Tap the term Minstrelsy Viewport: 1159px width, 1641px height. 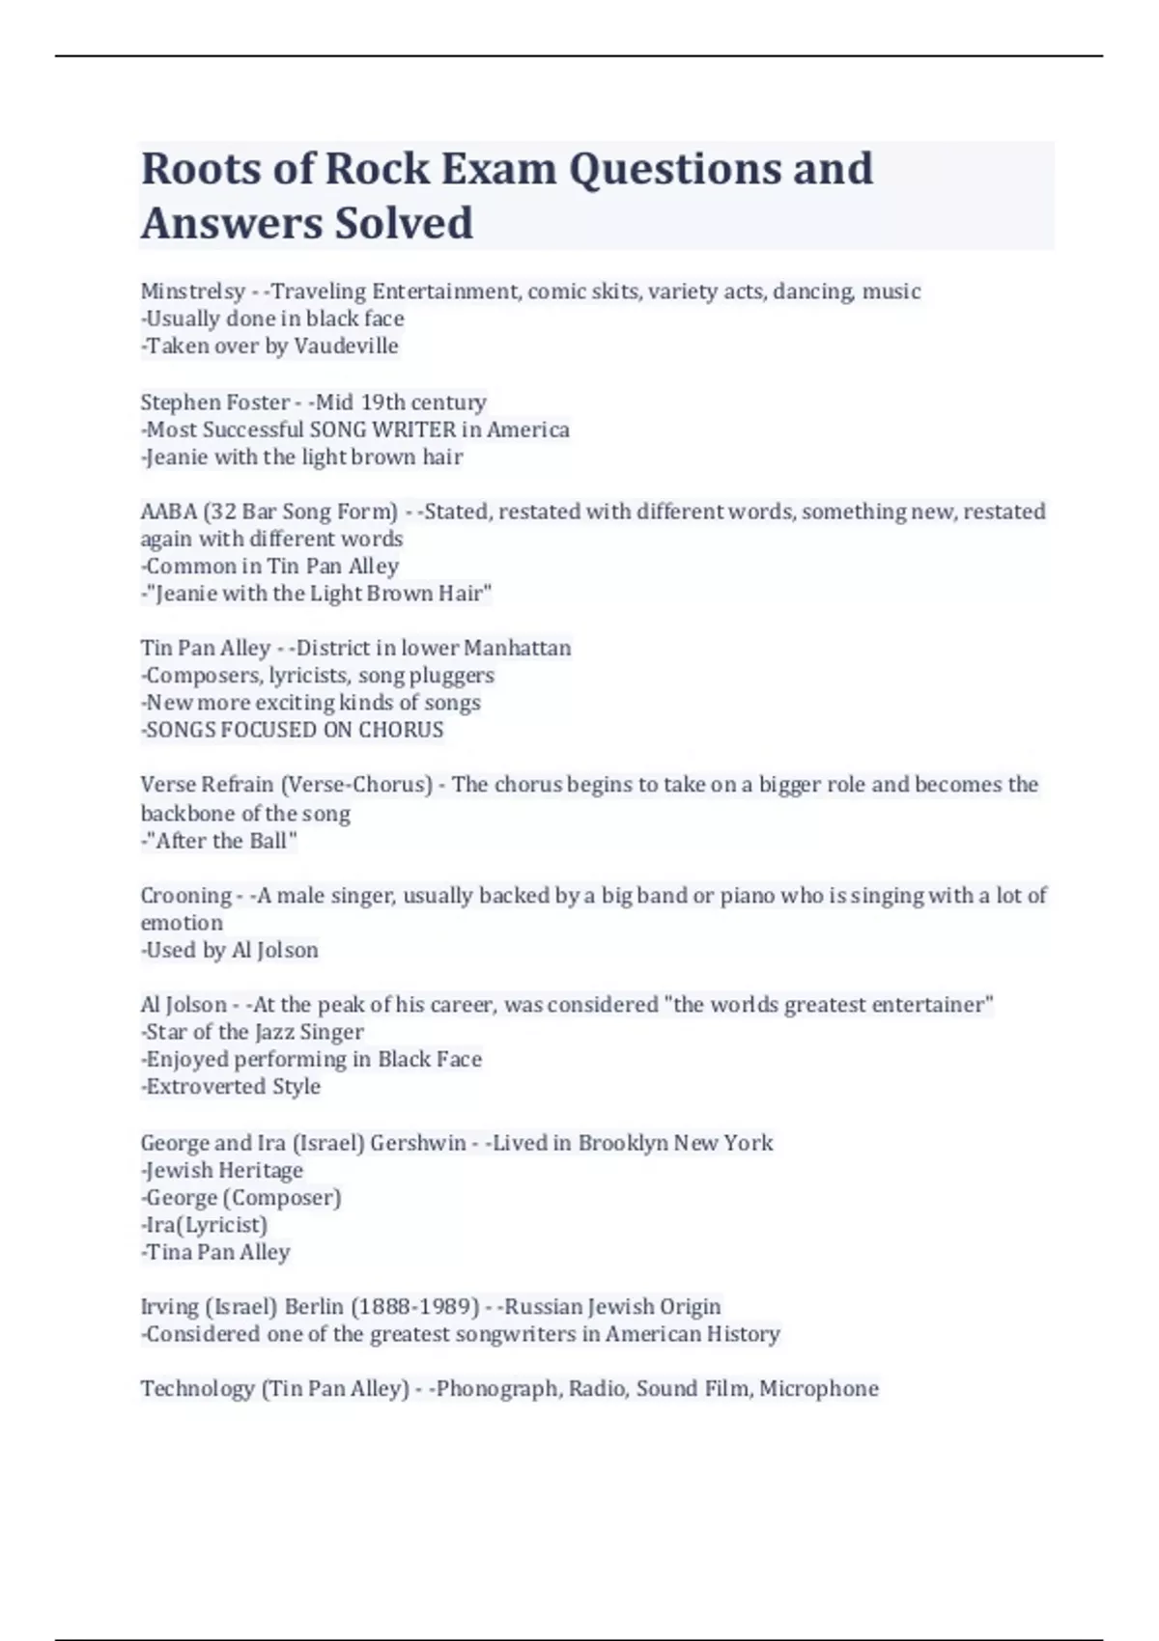pyautogui.click(x=193, y=292)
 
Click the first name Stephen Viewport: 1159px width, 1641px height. pyautogui.click(x=178, y=402)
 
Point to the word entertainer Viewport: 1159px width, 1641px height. pyautogui.click(x=931, y=1005)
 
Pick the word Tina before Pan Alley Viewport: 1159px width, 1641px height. pyautogui.click(x=170, y=1252)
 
